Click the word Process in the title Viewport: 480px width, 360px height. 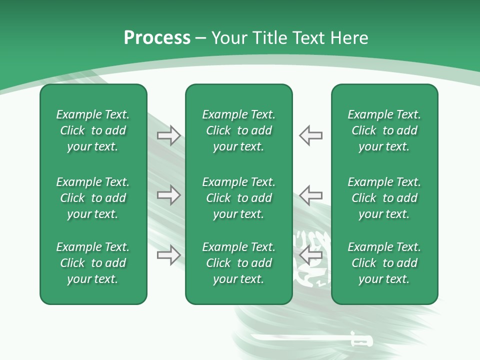[x=157, y=38]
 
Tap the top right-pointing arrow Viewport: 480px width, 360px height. [x=169, y=135]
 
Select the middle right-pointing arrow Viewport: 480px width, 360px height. [x=169, y=195]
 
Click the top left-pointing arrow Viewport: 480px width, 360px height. [x=310, y=135]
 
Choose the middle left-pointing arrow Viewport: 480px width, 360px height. [x=310, y=195]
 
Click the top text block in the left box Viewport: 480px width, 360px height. [x=93, y=130]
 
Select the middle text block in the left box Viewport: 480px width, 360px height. [x=93, y=198]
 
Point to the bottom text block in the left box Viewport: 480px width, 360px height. [x=93, y=263]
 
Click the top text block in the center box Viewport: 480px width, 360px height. [x=238, y=130]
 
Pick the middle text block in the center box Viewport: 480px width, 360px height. [x=238, y=198]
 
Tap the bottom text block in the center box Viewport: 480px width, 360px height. [x=238, y=263]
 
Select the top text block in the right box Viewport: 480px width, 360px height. [x=384, y=130]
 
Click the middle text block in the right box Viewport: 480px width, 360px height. [x=384, y=198]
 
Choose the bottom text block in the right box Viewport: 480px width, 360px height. [x=384, y=263]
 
